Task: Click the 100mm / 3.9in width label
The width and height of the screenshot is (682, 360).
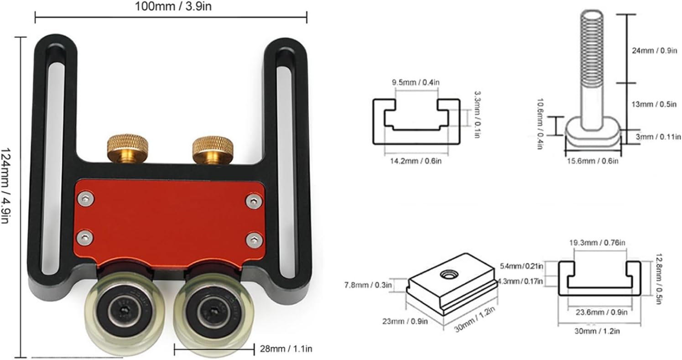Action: coord(173,6)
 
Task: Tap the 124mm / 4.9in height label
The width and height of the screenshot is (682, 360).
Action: coord(5,186)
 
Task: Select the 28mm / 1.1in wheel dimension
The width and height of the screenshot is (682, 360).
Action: coord(286,349)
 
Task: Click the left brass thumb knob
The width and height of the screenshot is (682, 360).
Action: coord(128,148)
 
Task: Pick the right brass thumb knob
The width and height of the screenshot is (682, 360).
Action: coord(213,150)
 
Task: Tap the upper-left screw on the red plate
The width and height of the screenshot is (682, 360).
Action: coord(86,198)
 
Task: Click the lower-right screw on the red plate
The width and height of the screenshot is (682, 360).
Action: coord(254,240)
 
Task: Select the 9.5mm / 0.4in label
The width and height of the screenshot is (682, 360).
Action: coord(416,82)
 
